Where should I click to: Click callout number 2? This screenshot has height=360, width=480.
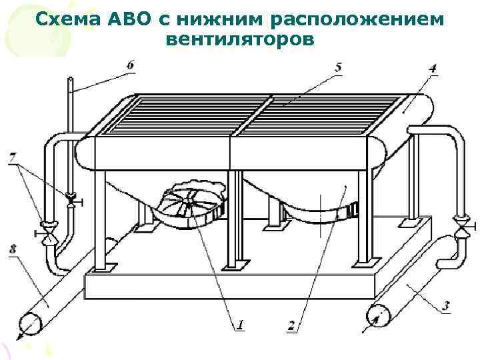pos(291,326)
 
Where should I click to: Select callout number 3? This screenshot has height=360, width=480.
pos(445,306)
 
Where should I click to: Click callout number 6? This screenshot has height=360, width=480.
pos(129,65)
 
